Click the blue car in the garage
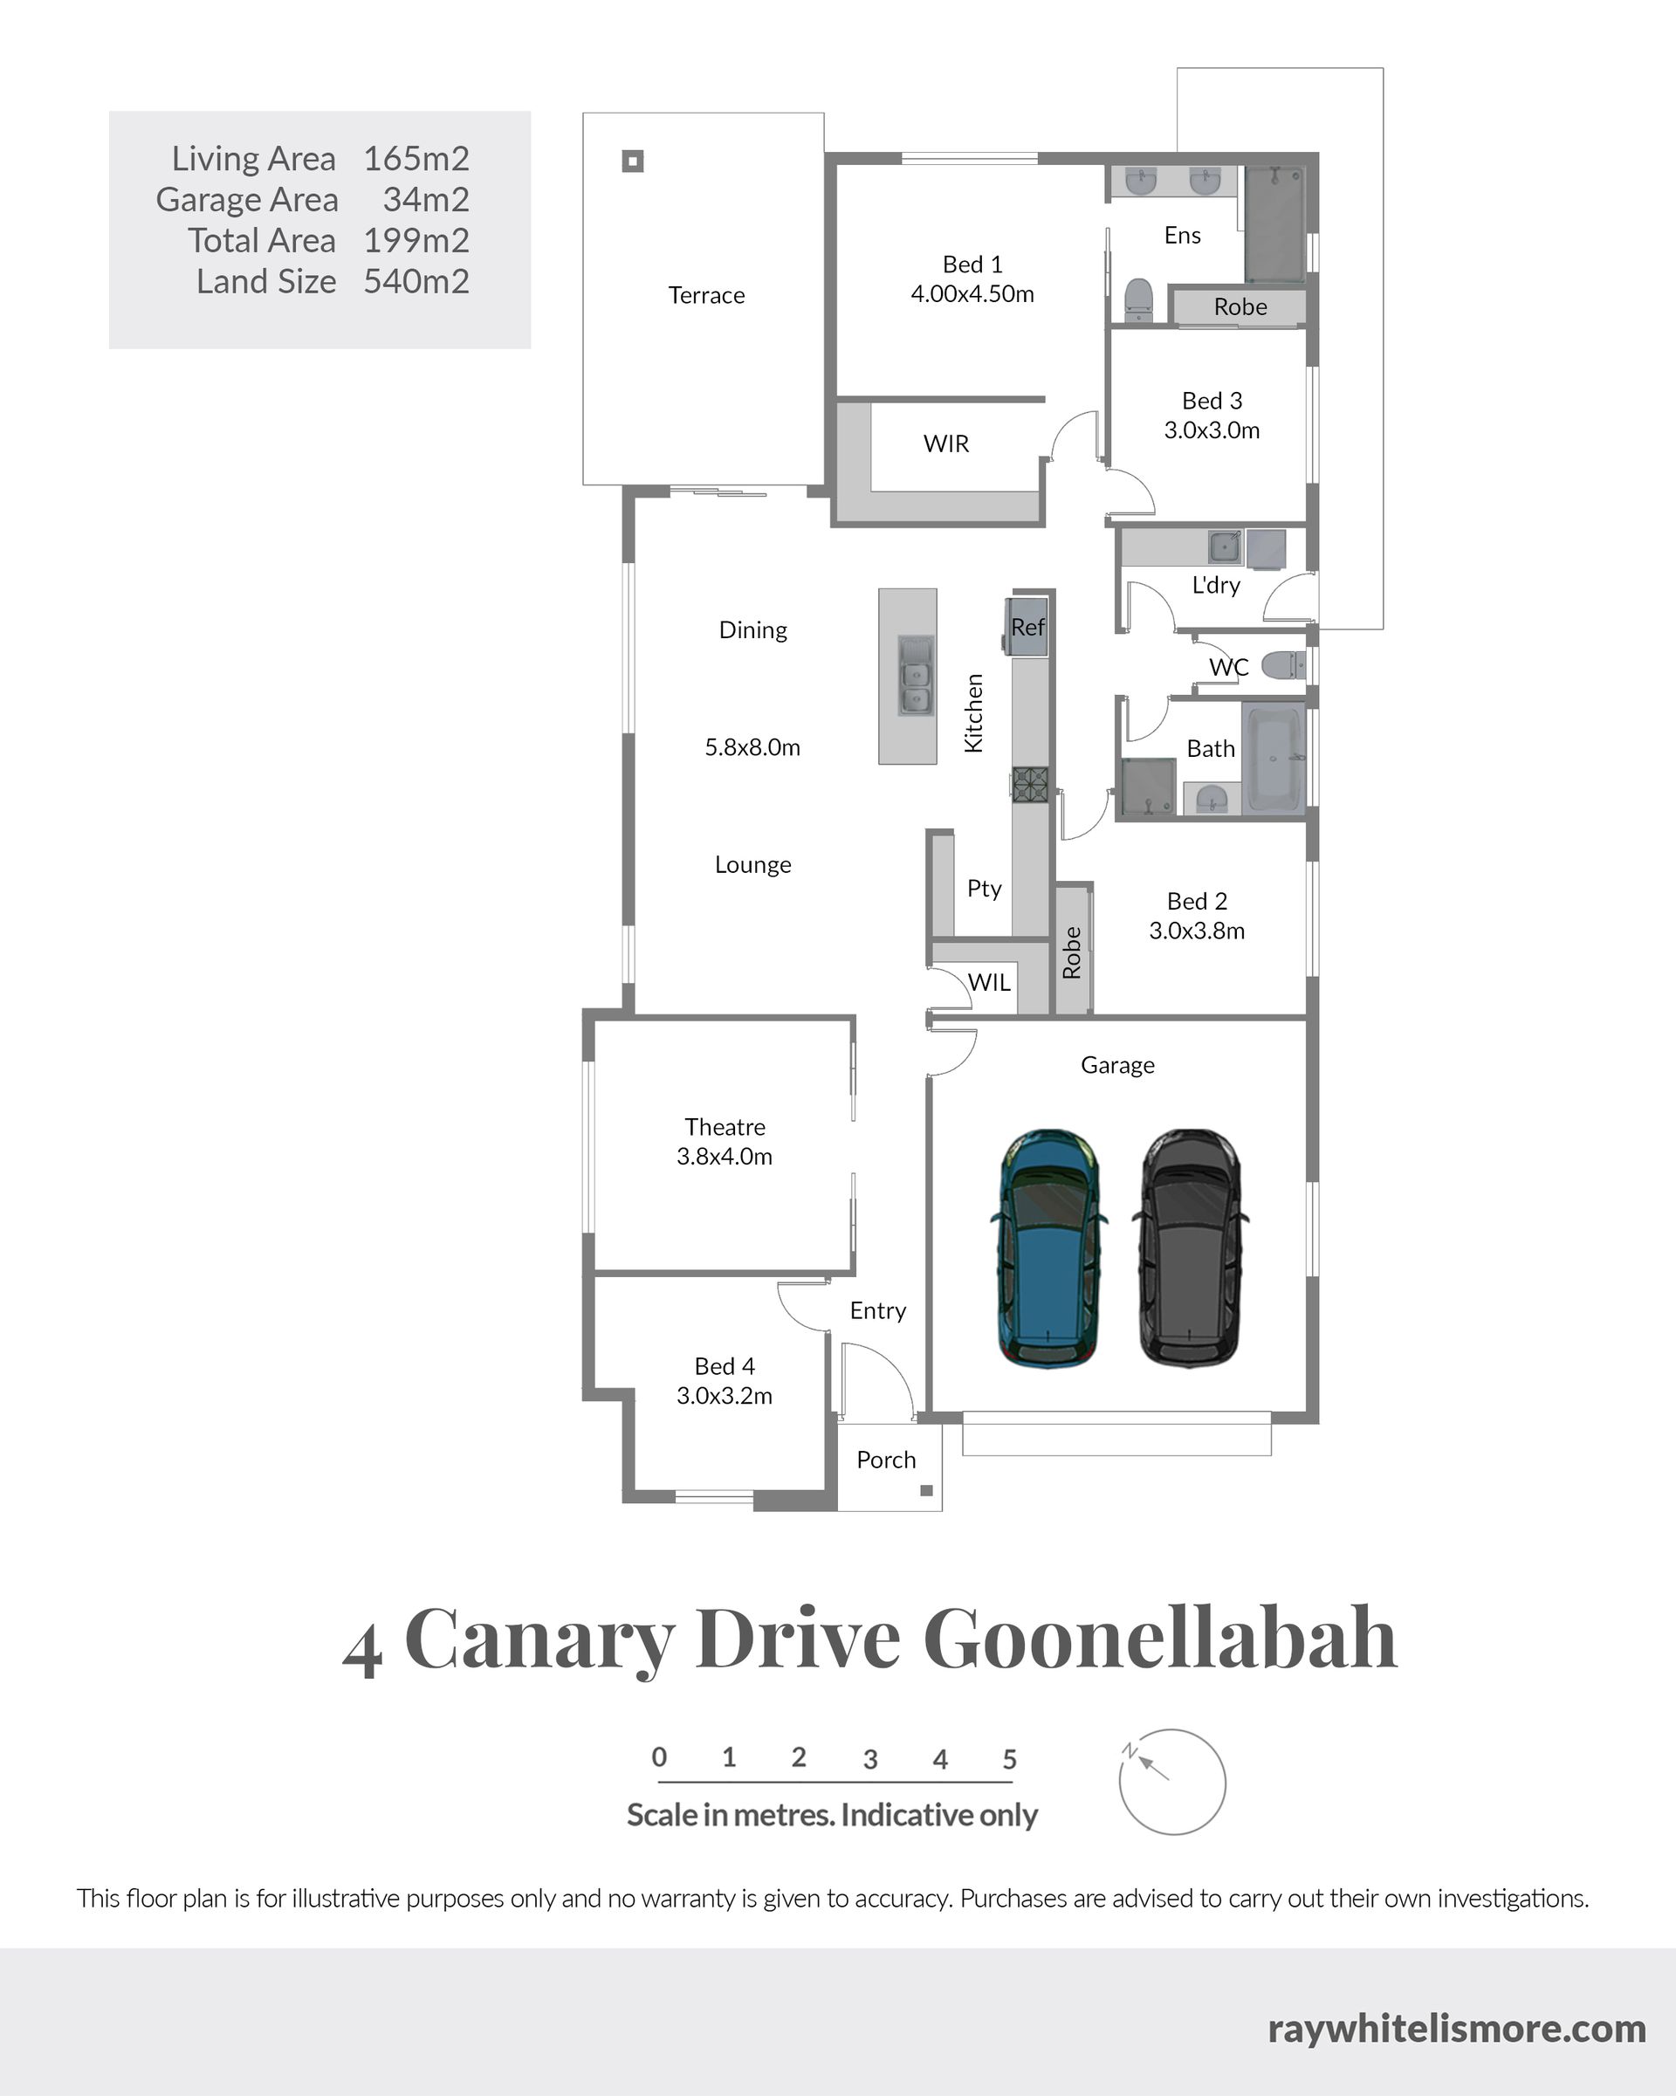(1048, 1248)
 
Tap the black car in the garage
(1190, 1248)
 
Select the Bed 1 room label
(972, 265)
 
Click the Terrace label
(707, 296)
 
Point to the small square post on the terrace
(633, 161)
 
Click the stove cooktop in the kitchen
(1031, 785)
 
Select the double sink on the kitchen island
(915, 675)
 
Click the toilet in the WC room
(1283, 666)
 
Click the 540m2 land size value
(416, 281)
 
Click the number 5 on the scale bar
(1010, 1759)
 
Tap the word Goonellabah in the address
(1160, 1639)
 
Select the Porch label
(886, 1460)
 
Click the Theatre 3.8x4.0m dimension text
(725, 1157)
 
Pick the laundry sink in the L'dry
(1225, 546)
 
